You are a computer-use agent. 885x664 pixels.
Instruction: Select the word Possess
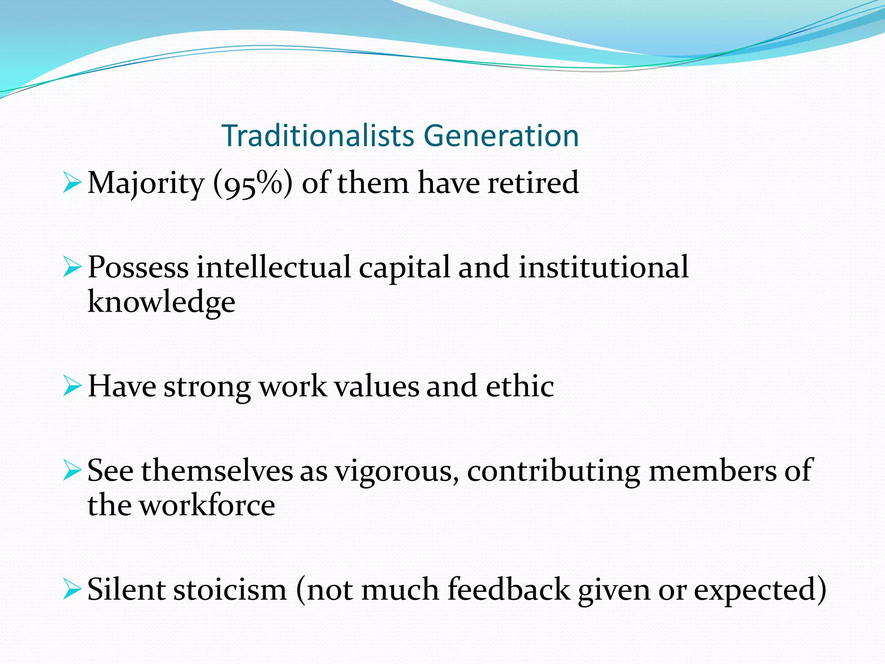click(138, 268)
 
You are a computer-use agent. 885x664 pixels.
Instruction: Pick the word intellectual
click(273, 267)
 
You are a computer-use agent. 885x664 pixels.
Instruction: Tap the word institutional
click(603, 267)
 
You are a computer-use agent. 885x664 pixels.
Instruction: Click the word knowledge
click(161, 302)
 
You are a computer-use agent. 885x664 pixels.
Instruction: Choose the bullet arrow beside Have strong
click(72, 386)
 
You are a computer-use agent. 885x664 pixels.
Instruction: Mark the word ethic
click(520, 386)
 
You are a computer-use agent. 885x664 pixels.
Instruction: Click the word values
click(377, 386)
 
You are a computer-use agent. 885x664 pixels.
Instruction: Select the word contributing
click(553, 470)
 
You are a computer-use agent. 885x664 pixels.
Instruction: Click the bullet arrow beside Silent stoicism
click(72, 589)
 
